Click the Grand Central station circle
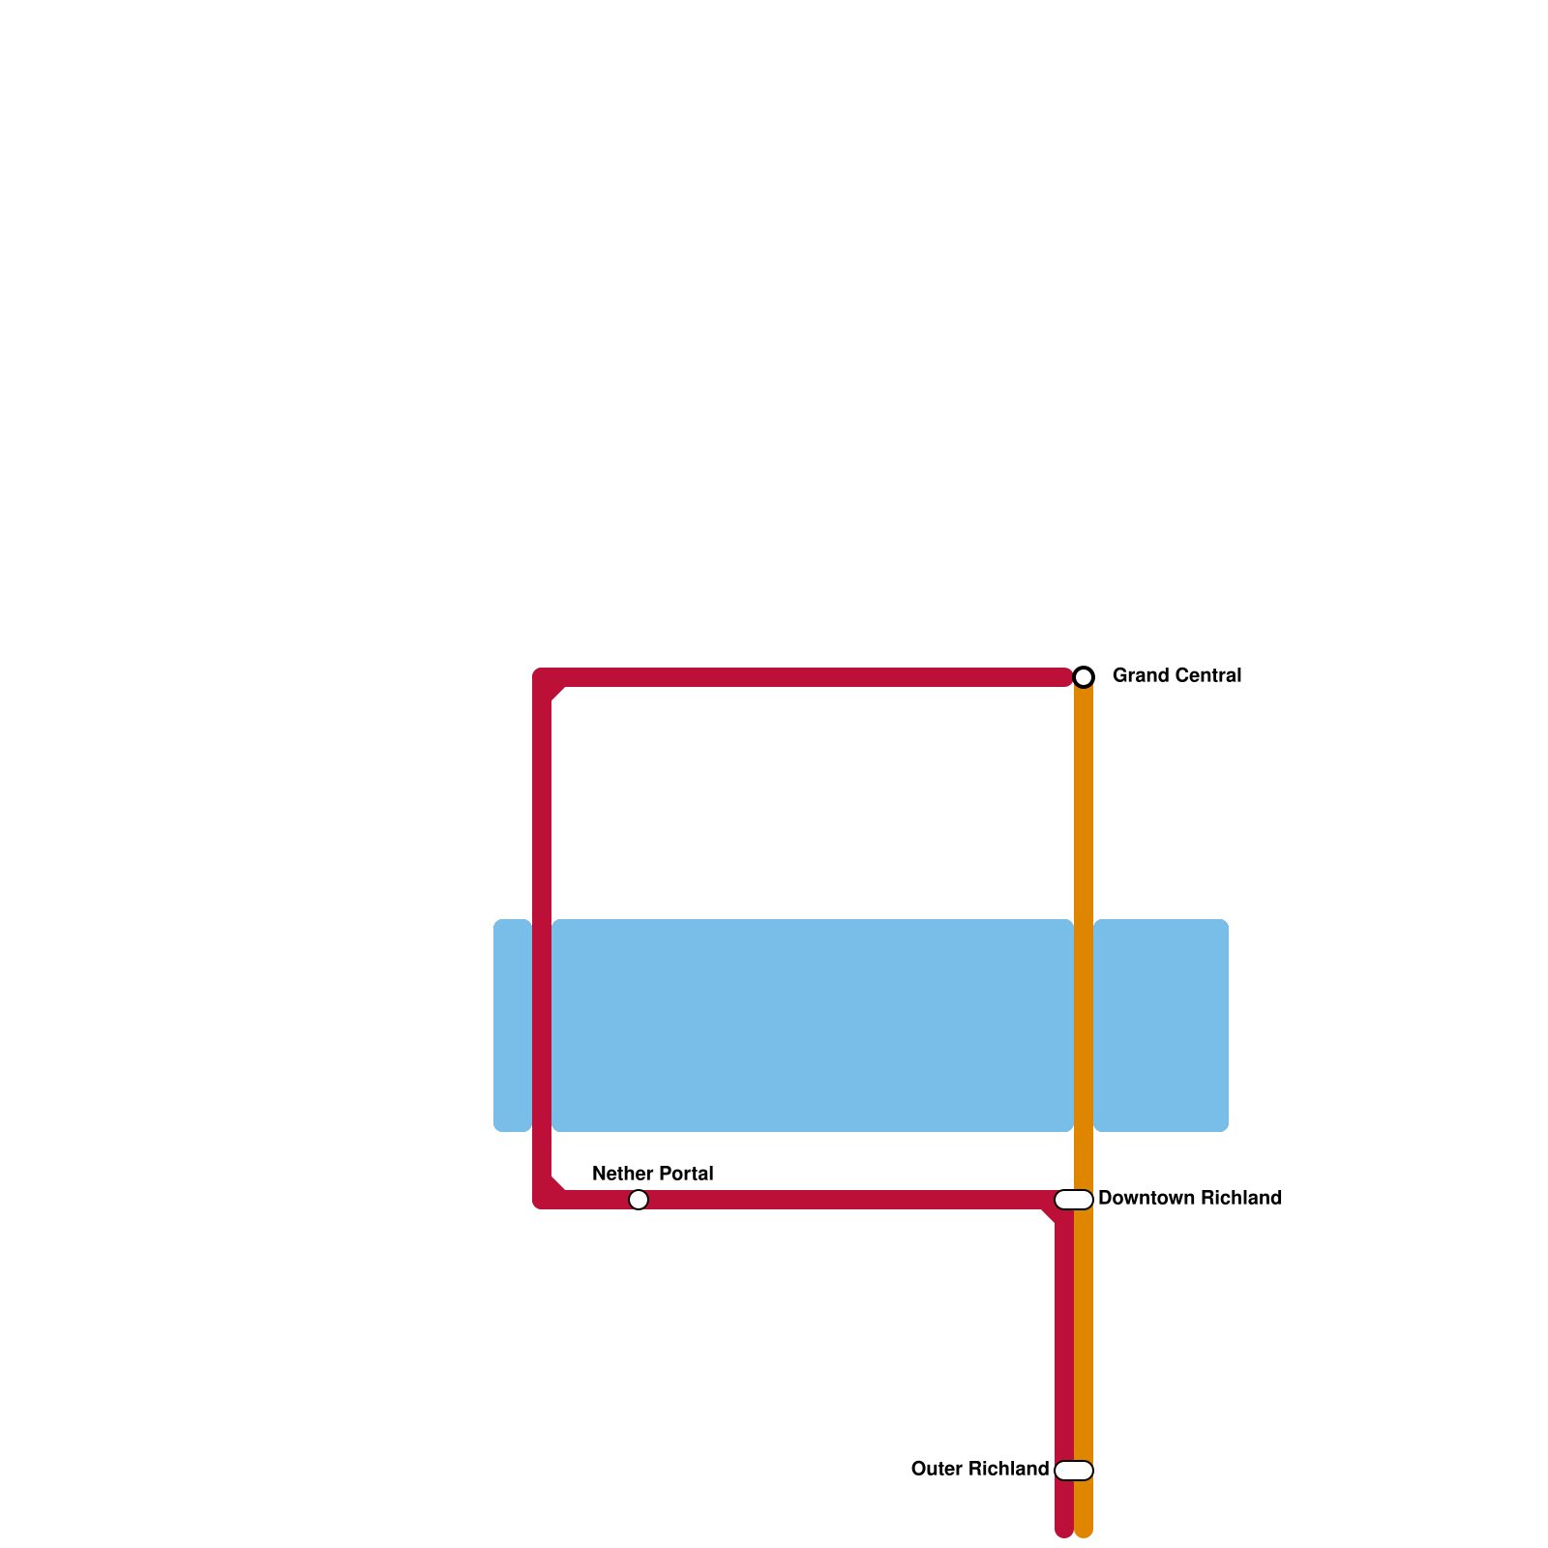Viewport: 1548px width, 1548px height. tap(1084, 676)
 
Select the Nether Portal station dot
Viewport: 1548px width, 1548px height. tap(639, 1200)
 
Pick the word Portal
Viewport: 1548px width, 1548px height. tap(684, 1174)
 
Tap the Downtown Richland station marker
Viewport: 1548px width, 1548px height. tap(1074, 1200)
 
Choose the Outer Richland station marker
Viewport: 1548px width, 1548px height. tap(1074, 1471)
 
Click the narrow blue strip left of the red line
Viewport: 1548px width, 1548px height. tap(512, 1026)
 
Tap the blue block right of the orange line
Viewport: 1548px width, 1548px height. tap(1161, 1026)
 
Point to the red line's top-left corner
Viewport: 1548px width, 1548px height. tap(543, 678)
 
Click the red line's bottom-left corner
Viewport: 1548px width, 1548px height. tap(543, 1199)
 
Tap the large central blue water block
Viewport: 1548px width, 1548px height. tap(813, 1026)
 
